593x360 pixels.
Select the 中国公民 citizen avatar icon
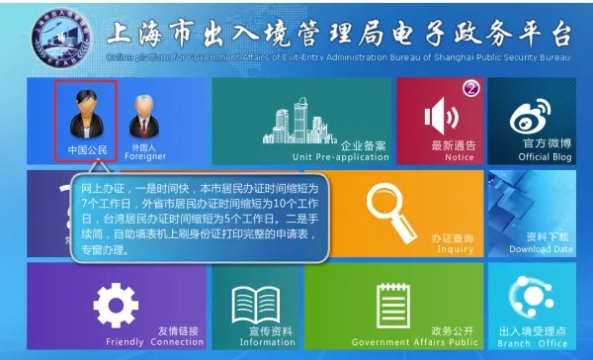(x=85, y=115)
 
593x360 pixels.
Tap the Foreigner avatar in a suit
(x=143, y=116)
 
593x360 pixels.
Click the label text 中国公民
(x=85, y=149)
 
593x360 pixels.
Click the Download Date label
(x=542, y=249)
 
